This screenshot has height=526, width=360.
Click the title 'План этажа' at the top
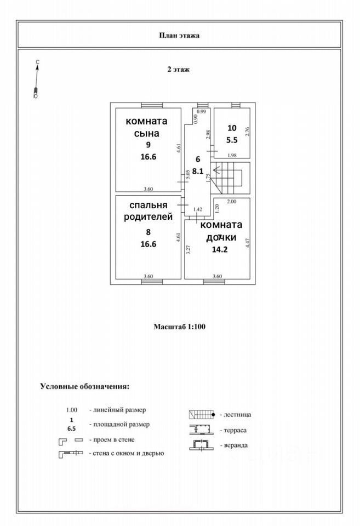pos(179,35)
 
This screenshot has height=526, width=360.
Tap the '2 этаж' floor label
pos(179,70)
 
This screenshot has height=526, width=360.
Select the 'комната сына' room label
pos(146,127)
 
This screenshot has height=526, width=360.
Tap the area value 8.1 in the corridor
pos(198,170)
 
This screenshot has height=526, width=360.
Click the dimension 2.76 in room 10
pos(247,131)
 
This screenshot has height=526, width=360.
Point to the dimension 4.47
pos(247,243)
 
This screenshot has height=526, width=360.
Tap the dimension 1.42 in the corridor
pos(199,209)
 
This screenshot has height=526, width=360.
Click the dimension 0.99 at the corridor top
pos(201,112)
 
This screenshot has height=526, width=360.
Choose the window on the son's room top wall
pos(152,105)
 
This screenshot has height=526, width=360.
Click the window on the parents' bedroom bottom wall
pos(152,282)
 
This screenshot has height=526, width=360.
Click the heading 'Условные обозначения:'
pos(85,386)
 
